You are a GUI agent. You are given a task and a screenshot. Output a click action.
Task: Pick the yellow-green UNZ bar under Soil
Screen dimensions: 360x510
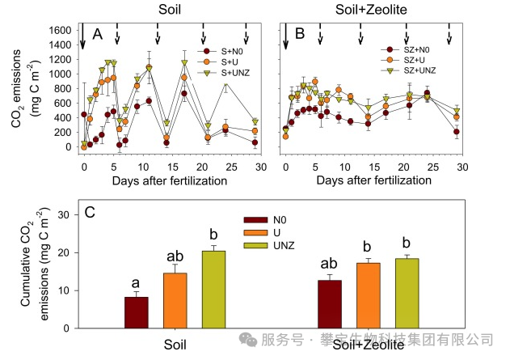[x=213, y=289]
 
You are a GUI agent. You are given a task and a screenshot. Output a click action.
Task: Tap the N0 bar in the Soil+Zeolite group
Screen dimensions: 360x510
[x=331, y=304]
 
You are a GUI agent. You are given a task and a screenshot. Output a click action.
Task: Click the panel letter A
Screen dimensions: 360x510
[x=98, y=34]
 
